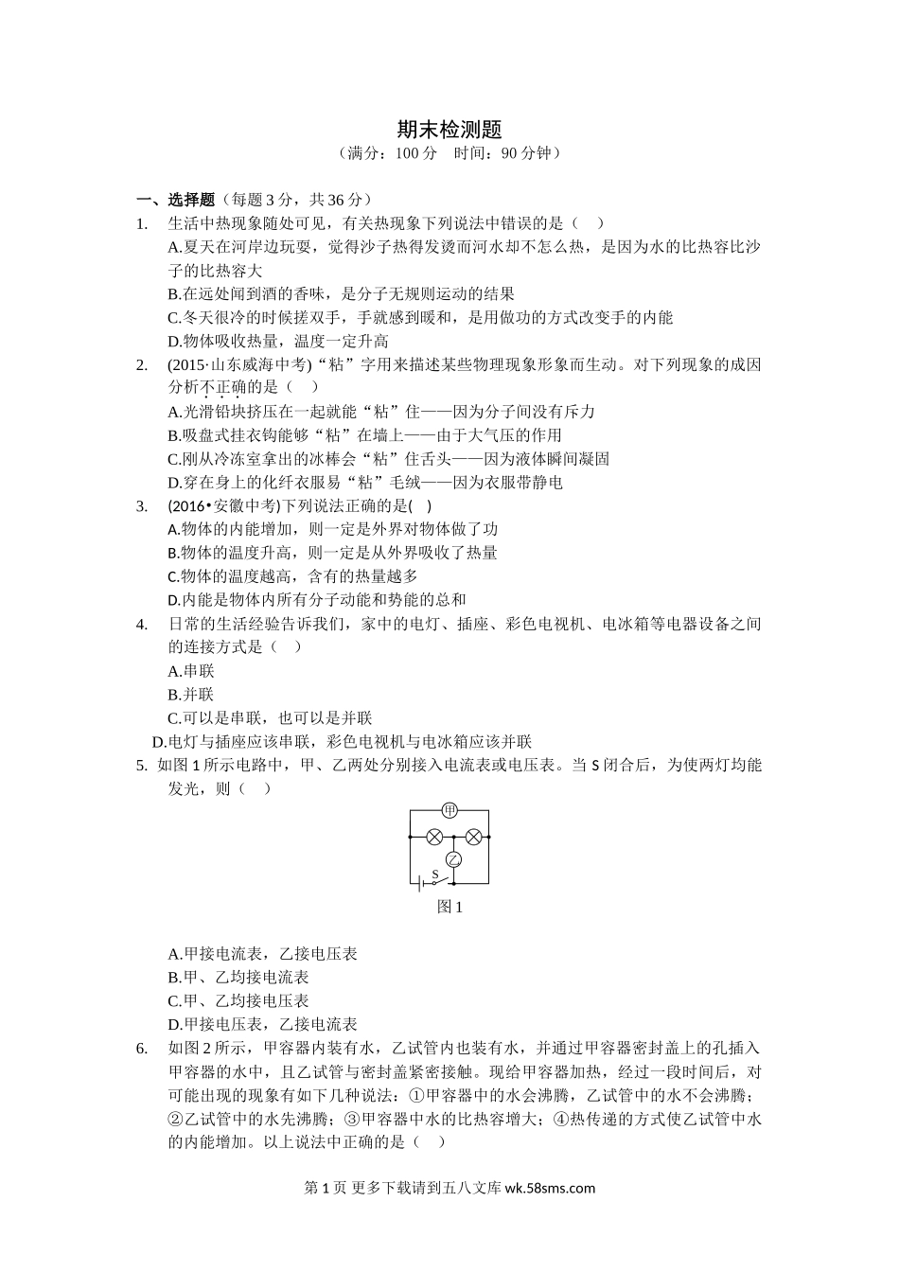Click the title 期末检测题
(x=449, y=129)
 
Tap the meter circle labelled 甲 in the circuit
(x=449, y=810)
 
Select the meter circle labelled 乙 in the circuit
(x=453, y=859)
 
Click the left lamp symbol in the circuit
(x=434, y=837)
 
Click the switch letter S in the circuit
(x=434, y=874)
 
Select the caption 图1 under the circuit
(x=449, y=907)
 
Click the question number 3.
(x=142, y=505)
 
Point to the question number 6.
(x=142, y=1048)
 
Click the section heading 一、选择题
(x=177, y=200)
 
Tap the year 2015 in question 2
(x=189, y=364)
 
